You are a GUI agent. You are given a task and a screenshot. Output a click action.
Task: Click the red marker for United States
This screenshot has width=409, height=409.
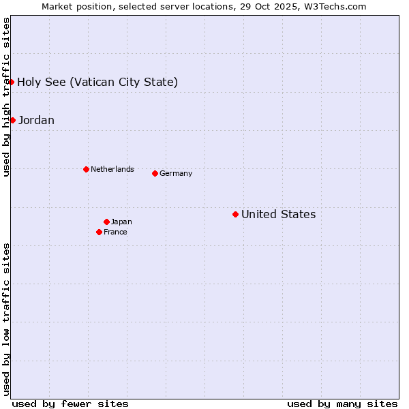coord(235,214)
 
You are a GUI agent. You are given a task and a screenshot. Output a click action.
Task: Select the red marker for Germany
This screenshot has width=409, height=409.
coord(155,173)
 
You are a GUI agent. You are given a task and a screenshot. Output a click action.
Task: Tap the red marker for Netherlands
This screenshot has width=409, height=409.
coord(86,169)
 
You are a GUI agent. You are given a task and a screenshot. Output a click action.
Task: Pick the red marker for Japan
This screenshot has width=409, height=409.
coord(106,222)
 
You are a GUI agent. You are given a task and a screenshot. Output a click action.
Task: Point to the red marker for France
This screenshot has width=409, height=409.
coord(99,232)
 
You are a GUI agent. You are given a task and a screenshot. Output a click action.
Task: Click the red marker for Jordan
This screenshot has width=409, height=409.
coord(12,120)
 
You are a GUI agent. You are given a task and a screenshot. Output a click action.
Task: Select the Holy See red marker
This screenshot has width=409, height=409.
coord(12,82)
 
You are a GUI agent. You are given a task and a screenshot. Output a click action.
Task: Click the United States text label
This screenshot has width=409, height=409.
coord(278,214)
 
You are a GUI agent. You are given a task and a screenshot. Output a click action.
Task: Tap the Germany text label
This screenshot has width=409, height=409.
coord(176,173)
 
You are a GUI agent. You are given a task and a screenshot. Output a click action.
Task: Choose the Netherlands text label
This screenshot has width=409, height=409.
coord(112,169)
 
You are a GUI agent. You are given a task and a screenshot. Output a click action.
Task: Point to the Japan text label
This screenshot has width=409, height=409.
coord(121,222)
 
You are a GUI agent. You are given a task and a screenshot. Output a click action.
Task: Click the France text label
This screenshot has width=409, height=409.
coord(115,232)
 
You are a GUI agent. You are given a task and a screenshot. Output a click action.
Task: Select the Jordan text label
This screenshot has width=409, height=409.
coord(36,120)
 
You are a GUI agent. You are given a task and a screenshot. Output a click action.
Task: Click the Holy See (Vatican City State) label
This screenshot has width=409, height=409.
coord(97,82)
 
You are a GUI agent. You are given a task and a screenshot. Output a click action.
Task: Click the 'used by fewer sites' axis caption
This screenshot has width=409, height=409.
coord(70,404)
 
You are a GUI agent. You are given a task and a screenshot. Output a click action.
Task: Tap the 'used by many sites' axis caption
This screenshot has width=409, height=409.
coord(342,404)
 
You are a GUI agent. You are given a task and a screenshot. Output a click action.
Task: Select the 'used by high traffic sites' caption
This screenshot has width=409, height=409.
coord(6,97)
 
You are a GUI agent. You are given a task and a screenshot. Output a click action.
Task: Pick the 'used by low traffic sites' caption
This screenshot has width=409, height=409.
coord(6,319)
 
